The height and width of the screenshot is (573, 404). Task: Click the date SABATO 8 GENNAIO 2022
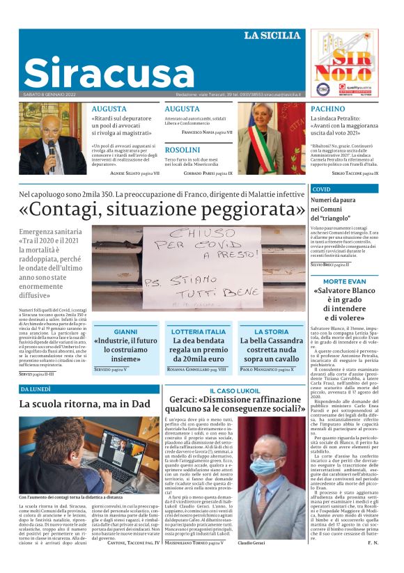[x=49, y=94]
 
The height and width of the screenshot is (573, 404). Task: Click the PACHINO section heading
[x=327, y=109]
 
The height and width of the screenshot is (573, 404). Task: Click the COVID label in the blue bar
[x=322, y=189]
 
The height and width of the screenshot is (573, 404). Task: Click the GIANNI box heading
[x=125, y=332]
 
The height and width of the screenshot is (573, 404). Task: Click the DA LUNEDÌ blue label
[x=36, y=389]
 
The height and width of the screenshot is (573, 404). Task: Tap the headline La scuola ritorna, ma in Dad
[x=84, y=404]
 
